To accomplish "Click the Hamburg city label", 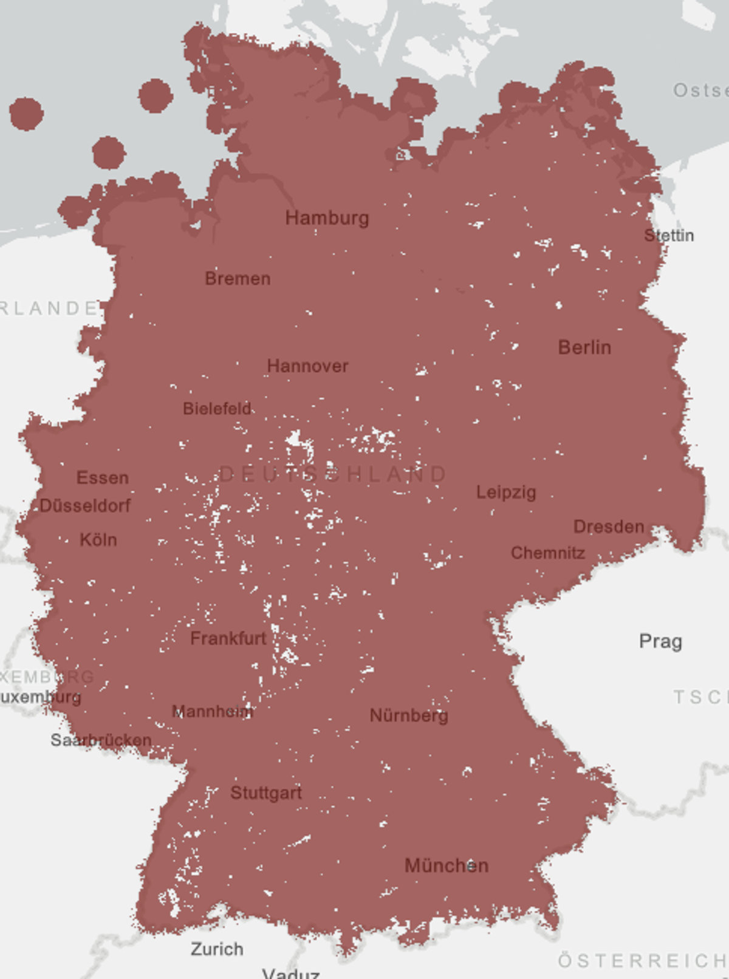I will pos(327,218).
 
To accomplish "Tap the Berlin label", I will pos(584,347).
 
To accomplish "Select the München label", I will pos(447,865).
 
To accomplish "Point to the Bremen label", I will pos(238,279).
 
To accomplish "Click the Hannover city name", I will pos(307,366).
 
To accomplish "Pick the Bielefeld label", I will pos(217,409).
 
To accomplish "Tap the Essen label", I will pos(103,478).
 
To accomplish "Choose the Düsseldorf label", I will pos(85,505).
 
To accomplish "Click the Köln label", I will pos(98,539).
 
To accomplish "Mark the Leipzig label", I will pos(506,492).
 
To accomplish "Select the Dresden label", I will pos(609,527).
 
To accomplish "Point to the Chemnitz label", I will pos(548,553).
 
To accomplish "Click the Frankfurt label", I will pos(228,638).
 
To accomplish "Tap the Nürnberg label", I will pos(409,715).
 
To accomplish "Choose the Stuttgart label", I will pos(266,793).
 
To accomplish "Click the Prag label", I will pos(660,641).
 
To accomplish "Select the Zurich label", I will pos(217,949).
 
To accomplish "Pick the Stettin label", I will pos(669,235).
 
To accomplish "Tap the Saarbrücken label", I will pos(101,740).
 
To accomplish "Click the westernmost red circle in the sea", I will pos(26,114).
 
